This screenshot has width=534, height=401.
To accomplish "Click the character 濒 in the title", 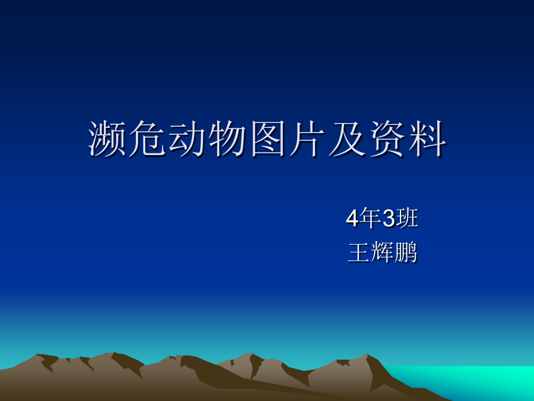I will click(x=108, y=140).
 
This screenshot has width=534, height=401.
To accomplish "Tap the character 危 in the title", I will click(x=148, y=140).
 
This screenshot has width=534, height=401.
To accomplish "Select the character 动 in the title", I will click(x=188, y=140).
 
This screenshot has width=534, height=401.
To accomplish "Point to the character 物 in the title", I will click(x=228, y=140).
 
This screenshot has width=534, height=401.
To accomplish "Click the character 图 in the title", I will click(x=268, y=140).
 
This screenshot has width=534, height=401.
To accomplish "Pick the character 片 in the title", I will click(x=308, y=140).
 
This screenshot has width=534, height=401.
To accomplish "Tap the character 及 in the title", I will click(x=348, y=140).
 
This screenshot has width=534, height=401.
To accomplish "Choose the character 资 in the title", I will click(x=388, y=140).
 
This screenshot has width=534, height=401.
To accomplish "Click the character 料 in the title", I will click(x=428, y=140).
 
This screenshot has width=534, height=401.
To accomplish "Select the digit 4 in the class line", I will click(x=352, y=219).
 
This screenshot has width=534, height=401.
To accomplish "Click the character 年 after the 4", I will click(x=370, y=219).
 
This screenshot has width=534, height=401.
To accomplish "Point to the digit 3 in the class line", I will click(x=389, y=219).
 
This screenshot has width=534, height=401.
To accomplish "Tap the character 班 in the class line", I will click(x=407, y=219).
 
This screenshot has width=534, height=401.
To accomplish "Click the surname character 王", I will click(x=359, y=253).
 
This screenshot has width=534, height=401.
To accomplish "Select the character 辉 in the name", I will click(x=382, y=253).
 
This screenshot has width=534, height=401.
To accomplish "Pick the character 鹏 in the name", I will click(x=405, y=253).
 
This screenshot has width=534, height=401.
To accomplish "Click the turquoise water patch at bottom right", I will click(x=476, y=381).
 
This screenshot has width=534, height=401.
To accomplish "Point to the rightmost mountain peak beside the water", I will click(x=366, y=356).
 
